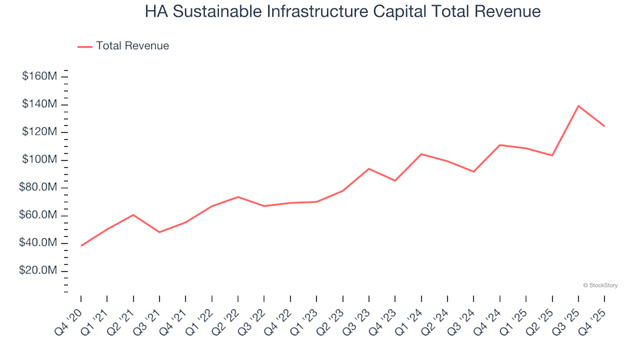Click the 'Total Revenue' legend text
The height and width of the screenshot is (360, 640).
pos(132,46)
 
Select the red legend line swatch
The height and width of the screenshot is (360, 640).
pos(85,47)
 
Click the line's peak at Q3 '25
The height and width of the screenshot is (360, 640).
pos(578,106)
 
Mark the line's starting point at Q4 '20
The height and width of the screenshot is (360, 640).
pos(81,246)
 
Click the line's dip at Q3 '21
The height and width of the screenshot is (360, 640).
pos(159,232)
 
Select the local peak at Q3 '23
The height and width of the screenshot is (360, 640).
pos(369,169)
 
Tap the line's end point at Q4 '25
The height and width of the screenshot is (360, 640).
pos(604,126)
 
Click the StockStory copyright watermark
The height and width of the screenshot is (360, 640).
pos(600,285)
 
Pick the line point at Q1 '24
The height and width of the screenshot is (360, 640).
pos(421,154)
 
